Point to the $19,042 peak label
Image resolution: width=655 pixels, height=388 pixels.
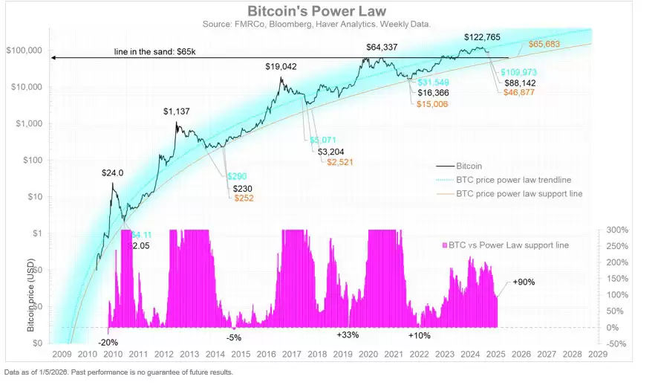point(281,66)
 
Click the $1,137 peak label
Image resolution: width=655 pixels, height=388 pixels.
point(177,111)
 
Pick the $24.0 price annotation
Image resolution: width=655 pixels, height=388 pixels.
point(113,172)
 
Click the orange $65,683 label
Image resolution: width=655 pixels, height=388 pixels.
point(548,44)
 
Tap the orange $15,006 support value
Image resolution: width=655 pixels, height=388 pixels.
point(433,104)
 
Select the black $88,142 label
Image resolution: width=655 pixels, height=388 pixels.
point(520,83)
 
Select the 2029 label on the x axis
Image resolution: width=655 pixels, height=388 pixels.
point(596,355)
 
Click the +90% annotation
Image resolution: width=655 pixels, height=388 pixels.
point(524,282)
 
